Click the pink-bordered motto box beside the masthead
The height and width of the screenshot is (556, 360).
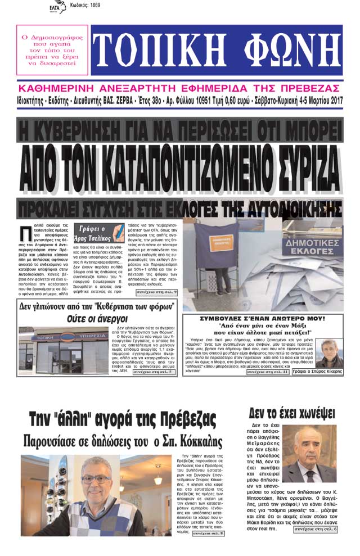[52, 51]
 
